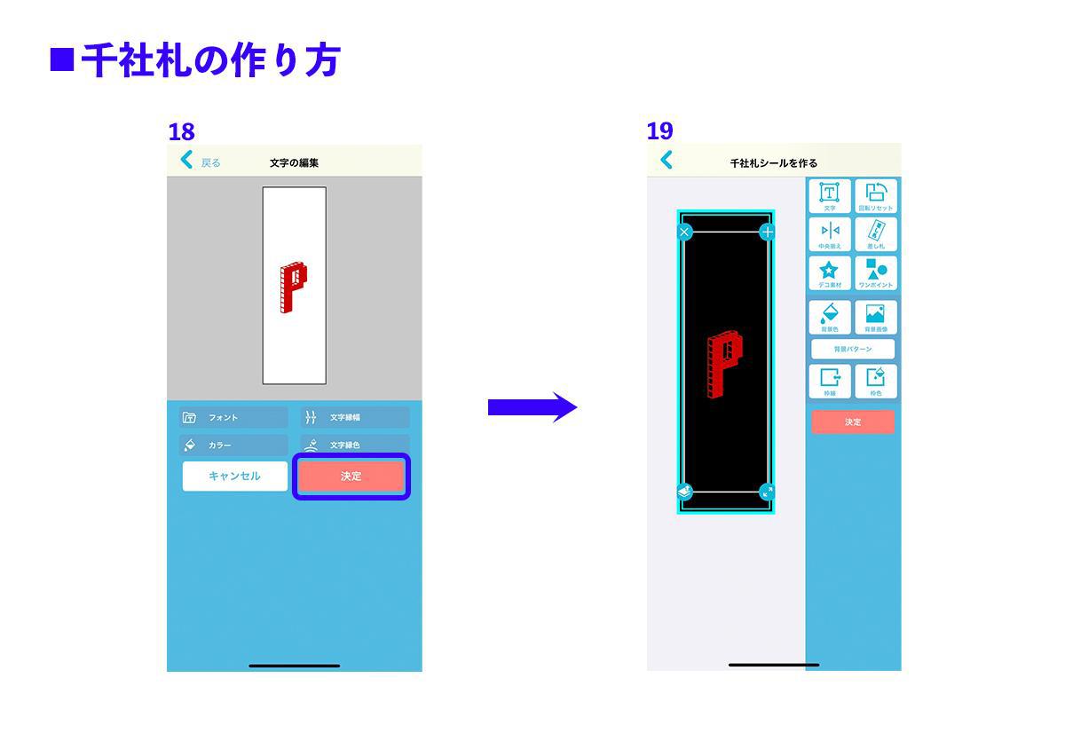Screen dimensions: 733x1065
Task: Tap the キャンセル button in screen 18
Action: pos(235,477)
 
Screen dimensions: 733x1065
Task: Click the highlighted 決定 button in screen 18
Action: pos(351,477)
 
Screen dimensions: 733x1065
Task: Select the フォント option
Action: pos(233,417)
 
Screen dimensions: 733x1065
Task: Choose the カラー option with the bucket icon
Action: pos(233,445)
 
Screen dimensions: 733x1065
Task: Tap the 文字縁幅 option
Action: pos(355,417)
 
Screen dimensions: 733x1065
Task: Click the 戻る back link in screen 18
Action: pos(201,162)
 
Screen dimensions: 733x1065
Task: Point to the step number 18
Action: pos(181,132)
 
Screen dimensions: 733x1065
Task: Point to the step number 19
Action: pos(659,131)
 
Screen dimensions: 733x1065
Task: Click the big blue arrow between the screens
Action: pos(532,407)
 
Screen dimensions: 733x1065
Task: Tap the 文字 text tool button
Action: pos(830,196)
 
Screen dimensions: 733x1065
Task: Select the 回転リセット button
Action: pos(876,196)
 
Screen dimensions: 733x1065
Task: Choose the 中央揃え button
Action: pos(830,234)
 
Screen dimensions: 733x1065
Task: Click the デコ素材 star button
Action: pos(830,273)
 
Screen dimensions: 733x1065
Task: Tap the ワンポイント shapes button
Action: pos(876,273)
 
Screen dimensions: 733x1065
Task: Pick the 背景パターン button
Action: pos(853,349)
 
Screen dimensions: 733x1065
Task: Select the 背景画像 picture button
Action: pos(876,317)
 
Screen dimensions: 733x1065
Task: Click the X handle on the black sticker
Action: pos(684,233)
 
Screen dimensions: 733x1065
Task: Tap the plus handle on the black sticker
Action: pos(768,233)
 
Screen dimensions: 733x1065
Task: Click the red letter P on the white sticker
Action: pos(293,288)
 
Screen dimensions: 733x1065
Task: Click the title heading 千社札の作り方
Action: pos(210,61)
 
